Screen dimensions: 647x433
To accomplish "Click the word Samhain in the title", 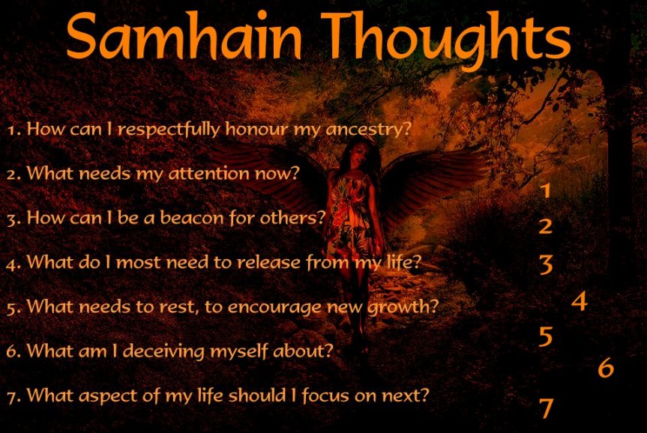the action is coord(184,36).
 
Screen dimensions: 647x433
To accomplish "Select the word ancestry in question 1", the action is coord(368,130).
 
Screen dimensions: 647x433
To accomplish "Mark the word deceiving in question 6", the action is coord(164,351).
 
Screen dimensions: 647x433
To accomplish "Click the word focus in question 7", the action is coord(326,396).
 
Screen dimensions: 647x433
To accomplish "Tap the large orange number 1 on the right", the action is coord(546,190).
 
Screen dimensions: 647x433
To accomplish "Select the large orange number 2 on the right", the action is coord(546,226).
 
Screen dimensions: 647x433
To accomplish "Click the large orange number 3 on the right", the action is coord(546,264).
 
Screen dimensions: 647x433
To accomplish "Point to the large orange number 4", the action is coord(580,301).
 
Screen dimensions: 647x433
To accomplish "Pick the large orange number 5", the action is coord(546,336).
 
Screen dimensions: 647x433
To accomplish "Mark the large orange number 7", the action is coord(547,408).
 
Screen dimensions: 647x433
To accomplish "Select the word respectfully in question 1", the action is coord(169,130).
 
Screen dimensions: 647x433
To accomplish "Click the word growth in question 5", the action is coord(402,307).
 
